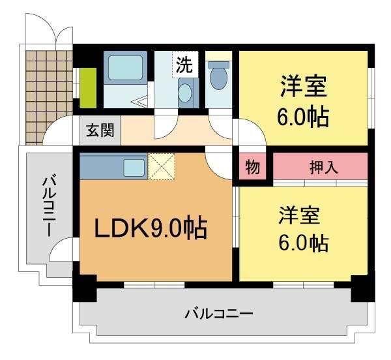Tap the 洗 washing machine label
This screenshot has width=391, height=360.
point(184,65)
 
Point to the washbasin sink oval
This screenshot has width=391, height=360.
point(185,92)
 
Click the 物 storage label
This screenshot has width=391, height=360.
point(252,167)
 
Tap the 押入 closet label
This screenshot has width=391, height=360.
point(323,167)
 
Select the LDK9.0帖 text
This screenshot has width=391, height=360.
point(151,228)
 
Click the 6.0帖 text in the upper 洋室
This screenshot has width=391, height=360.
point(303,117)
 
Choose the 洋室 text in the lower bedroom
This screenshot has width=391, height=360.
point(302,215)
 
